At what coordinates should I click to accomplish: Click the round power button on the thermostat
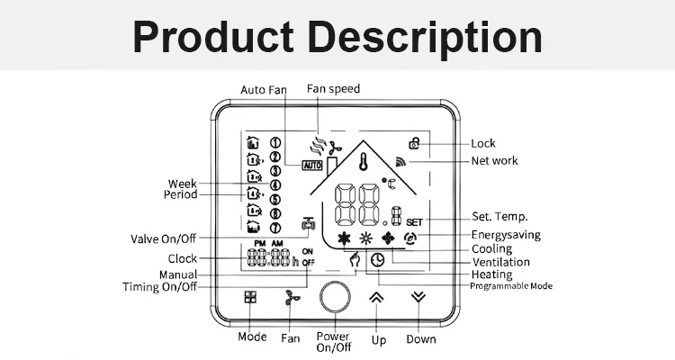point(333,298)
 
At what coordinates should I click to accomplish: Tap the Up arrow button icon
point(376,298)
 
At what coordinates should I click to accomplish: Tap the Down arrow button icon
point(416,298)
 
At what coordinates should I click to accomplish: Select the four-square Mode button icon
point(250,298)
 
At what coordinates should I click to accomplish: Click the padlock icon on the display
point(415,142)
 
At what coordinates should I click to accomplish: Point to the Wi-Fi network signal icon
point(400,163)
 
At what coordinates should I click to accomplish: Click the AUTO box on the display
point(312,166)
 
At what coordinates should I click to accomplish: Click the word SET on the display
point(414,221)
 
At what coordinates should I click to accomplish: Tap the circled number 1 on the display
point(275,142)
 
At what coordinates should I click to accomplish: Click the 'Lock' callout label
point(482,143)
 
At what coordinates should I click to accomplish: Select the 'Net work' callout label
point(495,162)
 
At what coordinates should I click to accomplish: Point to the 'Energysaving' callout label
point(505,234)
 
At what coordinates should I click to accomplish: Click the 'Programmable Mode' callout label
point(511,286)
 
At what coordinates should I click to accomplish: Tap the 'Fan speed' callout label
point(333,89)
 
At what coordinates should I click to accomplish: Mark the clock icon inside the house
point(377,259)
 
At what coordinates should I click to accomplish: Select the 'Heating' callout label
point(491,274)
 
